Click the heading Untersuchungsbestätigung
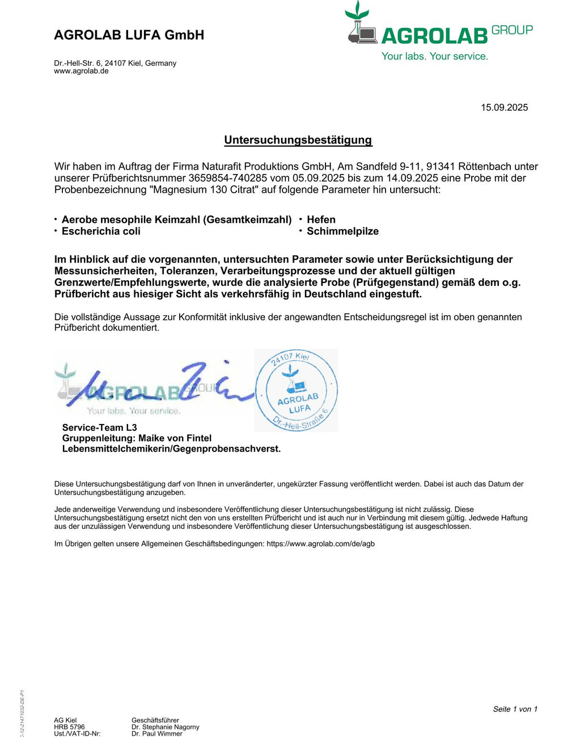[x=298, y=140]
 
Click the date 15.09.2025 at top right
[x=504, y=108]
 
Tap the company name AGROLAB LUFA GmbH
[x=129, y=35]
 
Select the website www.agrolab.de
[x=81, y=71]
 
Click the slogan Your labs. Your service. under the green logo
[x=434, y=56]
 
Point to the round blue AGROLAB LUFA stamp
[x=296, y=390]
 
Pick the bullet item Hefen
[x=321, y=219]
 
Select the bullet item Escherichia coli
[x=101, y=231]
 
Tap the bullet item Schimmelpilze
[x=342, y=231]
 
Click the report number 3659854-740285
[x=227, y=178]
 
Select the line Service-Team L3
[x=99, y=427]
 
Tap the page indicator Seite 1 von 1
[x=515, y=709]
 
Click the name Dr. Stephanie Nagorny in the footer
[x=165, y=727]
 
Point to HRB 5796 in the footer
[x=69, y=727]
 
